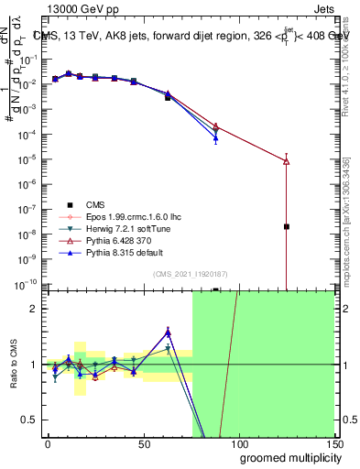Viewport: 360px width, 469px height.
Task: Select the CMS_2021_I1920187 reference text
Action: [191, 274]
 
